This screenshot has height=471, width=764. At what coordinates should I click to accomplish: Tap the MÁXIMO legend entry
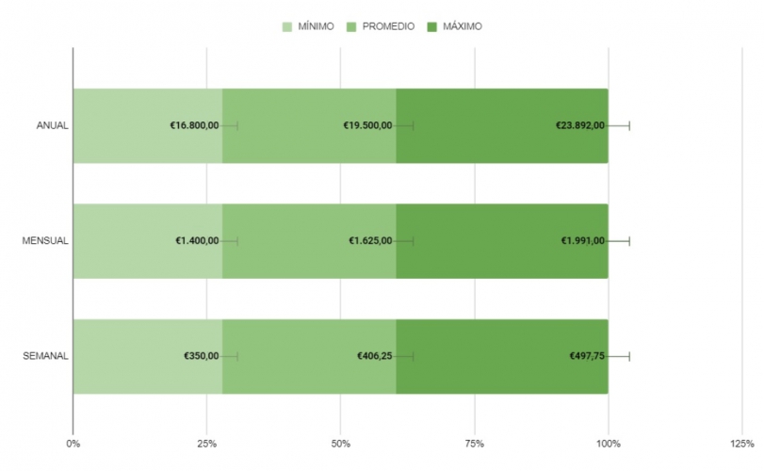coord(462,26)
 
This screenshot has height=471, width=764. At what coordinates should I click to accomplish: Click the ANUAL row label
coord(52,126)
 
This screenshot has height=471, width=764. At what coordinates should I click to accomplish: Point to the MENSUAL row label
coord(45,241)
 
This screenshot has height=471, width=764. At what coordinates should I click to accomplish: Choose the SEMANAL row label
coord(45,356)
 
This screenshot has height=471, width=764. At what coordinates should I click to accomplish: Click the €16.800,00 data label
coord(194,126)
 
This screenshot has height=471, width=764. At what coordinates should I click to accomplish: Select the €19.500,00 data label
coord(367,126)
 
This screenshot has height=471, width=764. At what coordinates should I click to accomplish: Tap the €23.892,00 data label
coord(580,126)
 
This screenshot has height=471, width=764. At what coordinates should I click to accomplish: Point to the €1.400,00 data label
coord(197,241)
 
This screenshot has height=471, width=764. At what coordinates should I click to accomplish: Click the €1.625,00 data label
coord(370,241)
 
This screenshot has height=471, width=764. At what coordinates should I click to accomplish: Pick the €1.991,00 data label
coord(583,241)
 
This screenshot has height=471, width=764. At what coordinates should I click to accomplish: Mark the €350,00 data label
coord(202,356)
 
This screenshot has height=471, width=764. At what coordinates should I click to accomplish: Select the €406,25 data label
coord(375,356)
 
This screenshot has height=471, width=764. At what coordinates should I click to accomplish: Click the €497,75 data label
coord(587,356)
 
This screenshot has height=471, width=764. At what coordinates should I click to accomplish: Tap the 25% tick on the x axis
coord(207,443)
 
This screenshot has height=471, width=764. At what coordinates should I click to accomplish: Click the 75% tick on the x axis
coord(475,443)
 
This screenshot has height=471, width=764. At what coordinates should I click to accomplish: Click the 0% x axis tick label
coord(73,443)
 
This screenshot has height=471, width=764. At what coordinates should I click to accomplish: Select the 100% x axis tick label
coord(609,443)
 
